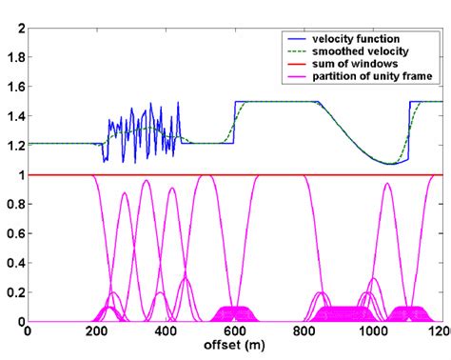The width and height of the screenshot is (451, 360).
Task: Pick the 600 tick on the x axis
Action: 235,332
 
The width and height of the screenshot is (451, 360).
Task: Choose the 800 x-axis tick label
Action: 304,332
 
